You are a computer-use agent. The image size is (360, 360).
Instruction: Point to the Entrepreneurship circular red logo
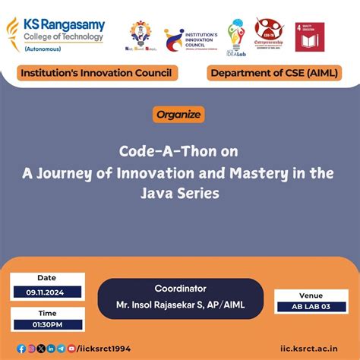[270, 35]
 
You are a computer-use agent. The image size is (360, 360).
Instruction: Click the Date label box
[46, 277]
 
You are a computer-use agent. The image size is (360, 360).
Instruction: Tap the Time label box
[46, 313]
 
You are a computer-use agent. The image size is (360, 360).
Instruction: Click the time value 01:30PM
[46, 325]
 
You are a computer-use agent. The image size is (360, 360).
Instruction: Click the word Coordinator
[180, 289]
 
